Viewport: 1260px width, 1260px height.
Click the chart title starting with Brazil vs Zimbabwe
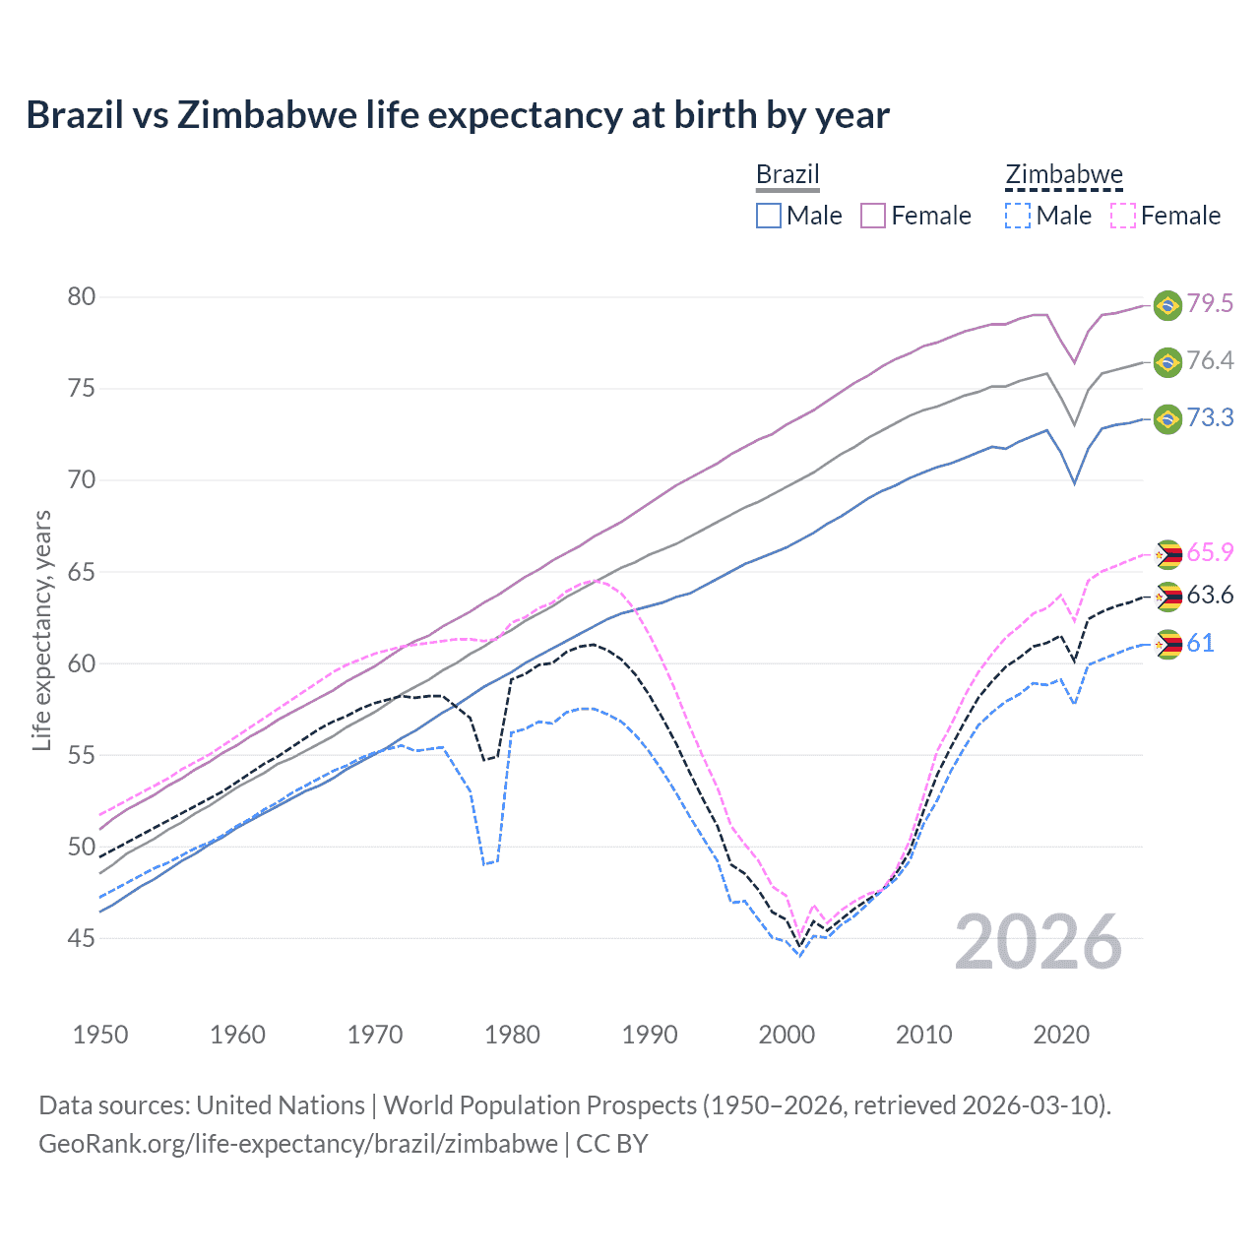458,115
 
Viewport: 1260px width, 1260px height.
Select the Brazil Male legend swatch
769,216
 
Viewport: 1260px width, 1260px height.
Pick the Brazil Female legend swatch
873,216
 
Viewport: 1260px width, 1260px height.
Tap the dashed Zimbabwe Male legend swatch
1018,216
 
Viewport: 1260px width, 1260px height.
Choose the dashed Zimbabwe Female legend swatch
1123,216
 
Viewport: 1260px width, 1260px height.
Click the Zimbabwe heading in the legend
1063,175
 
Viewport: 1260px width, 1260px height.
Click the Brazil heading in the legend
787,175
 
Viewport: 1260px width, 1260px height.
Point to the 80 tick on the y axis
82,297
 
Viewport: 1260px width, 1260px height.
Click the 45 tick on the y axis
82,939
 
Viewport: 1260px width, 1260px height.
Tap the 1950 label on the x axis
100,1035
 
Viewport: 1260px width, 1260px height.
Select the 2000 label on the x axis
787,1035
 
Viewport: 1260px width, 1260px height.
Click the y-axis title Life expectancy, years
41,631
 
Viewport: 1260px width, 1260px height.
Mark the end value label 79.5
1210,303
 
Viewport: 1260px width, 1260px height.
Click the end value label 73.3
1210,417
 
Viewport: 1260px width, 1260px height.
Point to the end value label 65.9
1210,552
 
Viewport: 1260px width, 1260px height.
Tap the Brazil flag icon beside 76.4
1167,362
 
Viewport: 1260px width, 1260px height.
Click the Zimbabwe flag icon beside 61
1167,645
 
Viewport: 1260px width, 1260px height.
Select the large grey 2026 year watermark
1039,942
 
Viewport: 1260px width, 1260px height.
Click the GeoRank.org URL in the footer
297,1144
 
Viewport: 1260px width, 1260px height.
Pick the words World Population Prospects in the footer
539,1105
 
